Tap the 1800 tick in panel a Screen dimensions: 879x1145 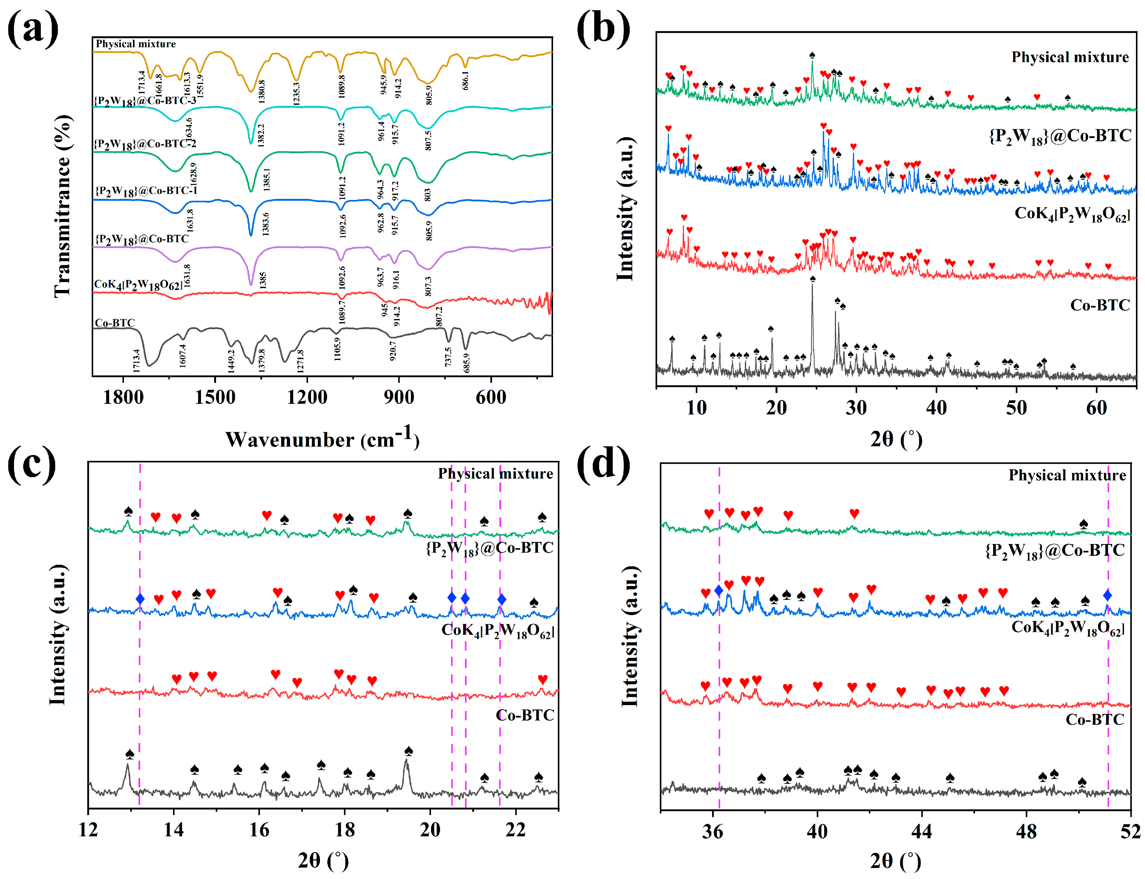click(x=124, y=398)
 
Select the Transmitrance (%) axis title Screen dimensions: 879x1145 click(x=63, y=207)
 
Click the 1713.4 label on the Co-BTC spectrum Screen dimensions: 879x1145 click(x=136, y=361)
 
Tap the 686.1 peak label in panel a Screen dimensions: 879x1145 click(x=465, y=80)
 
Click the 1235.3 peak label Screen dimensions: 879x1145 click(x=297, y=93)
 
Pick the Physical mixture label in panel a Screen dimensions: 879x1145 click(x=135, y=44)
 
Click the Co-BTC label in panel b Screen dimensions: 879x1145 click(x=1100, y=305)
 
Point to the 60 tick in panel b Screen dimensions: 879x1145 click(x=1096, y=408)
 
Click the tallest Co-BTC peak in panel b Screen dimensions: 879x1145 click(x=812, y=285)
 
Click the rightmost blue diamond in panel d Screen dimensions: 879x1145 click(x=1107, y=595)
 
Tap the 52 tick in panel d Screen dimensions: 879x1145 click(x=1130, y=832)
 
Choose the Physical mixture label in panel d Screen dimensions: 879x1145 click(x=1067, y=475)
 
